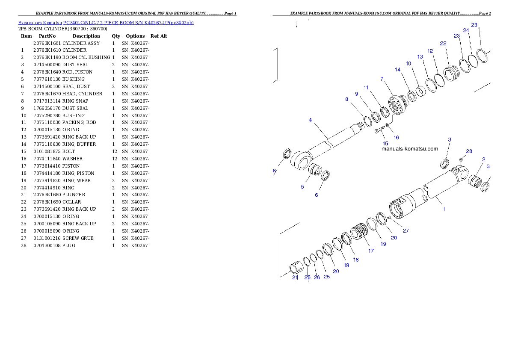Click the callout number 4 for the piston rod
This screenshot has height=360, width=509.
coord(311,120)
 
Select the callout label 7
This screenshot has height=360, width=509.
coord(382,79)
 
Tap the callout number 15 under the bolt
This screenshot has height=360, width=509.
coord(385,144)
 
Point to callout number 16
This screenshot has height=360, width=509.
coord(396,138)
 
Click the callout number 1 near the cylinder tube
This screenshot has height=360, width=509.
coord(444,209)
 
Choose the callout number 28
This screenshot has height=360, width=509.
coord(469,151)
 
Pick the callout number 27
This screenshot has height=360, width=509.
coord(405,230)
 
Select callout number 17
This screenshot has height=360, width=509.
coord(371,251)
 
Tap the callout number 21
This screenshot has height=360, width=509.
coord(295,277)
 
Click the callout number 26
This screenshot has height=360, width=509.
coord(317,277)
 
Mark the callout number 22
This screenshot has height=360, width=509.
coord(443,44)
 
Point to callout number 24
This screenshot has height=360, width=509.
coord(466,30)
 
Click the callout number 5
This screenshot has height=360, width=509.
coord(302,187)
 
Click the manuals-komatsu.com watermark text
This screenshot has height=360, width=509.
coord(409,149)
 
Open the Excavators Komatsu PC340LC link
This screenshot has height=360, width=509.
coord(105,23)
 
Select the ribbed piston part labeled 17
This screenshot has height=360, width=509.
coord(359,233)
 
